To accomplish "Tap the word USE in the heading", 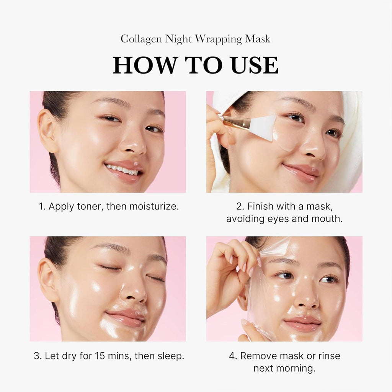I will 254,65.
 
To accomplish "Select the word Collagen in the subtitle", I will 141,39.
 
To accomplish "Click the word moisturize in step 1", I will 154,207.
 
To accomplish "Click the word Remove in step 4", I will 258,356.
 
